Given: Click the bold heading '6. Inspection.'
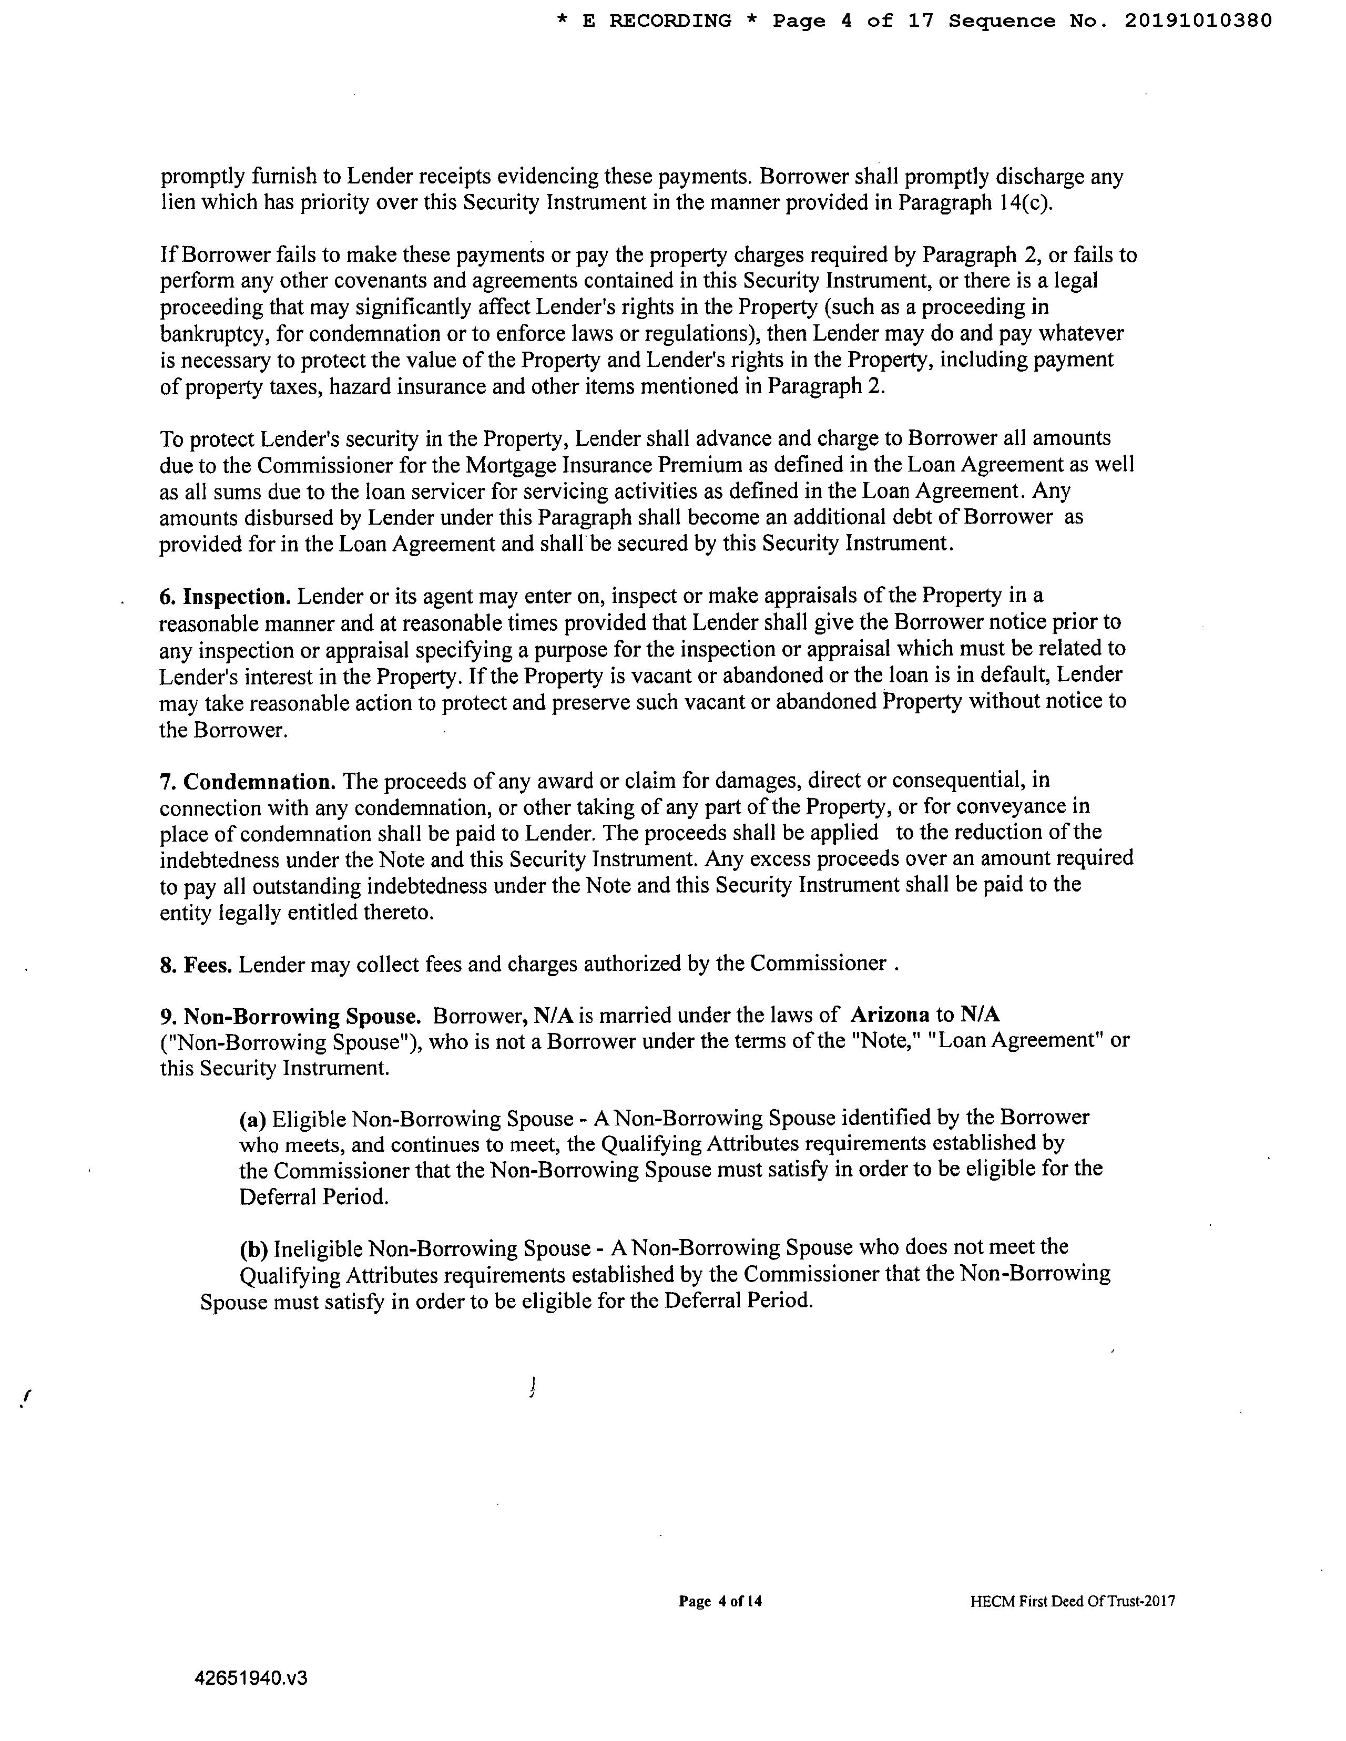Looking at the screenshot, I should [226, 596].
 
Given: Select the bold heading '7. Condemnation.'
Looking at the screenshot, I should [247, 781].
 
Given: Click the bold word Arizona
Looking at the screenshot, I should [890, 1015].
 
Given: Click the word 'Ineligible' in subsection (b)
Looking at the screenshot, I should [318, 1247].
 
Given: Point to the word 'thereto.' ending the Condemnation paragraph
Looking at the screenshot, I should [396, 912].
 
